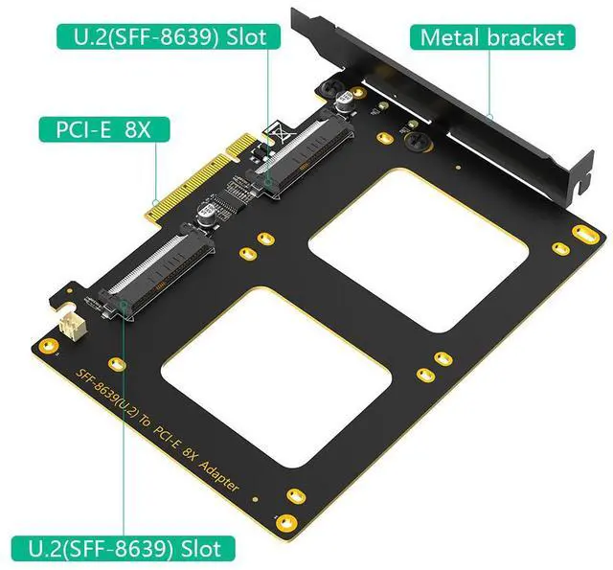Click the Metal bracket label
(x=492, y=37)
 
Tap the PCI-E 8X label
(x=104, y=129)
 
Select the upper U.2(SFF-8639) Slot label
(x=169, y=36)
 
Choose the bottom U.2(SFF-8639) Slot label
(x=123, y=549)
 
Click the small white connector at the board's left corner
(x=69, y=323)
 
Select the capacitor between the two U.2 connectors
(x=207, y=214)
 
